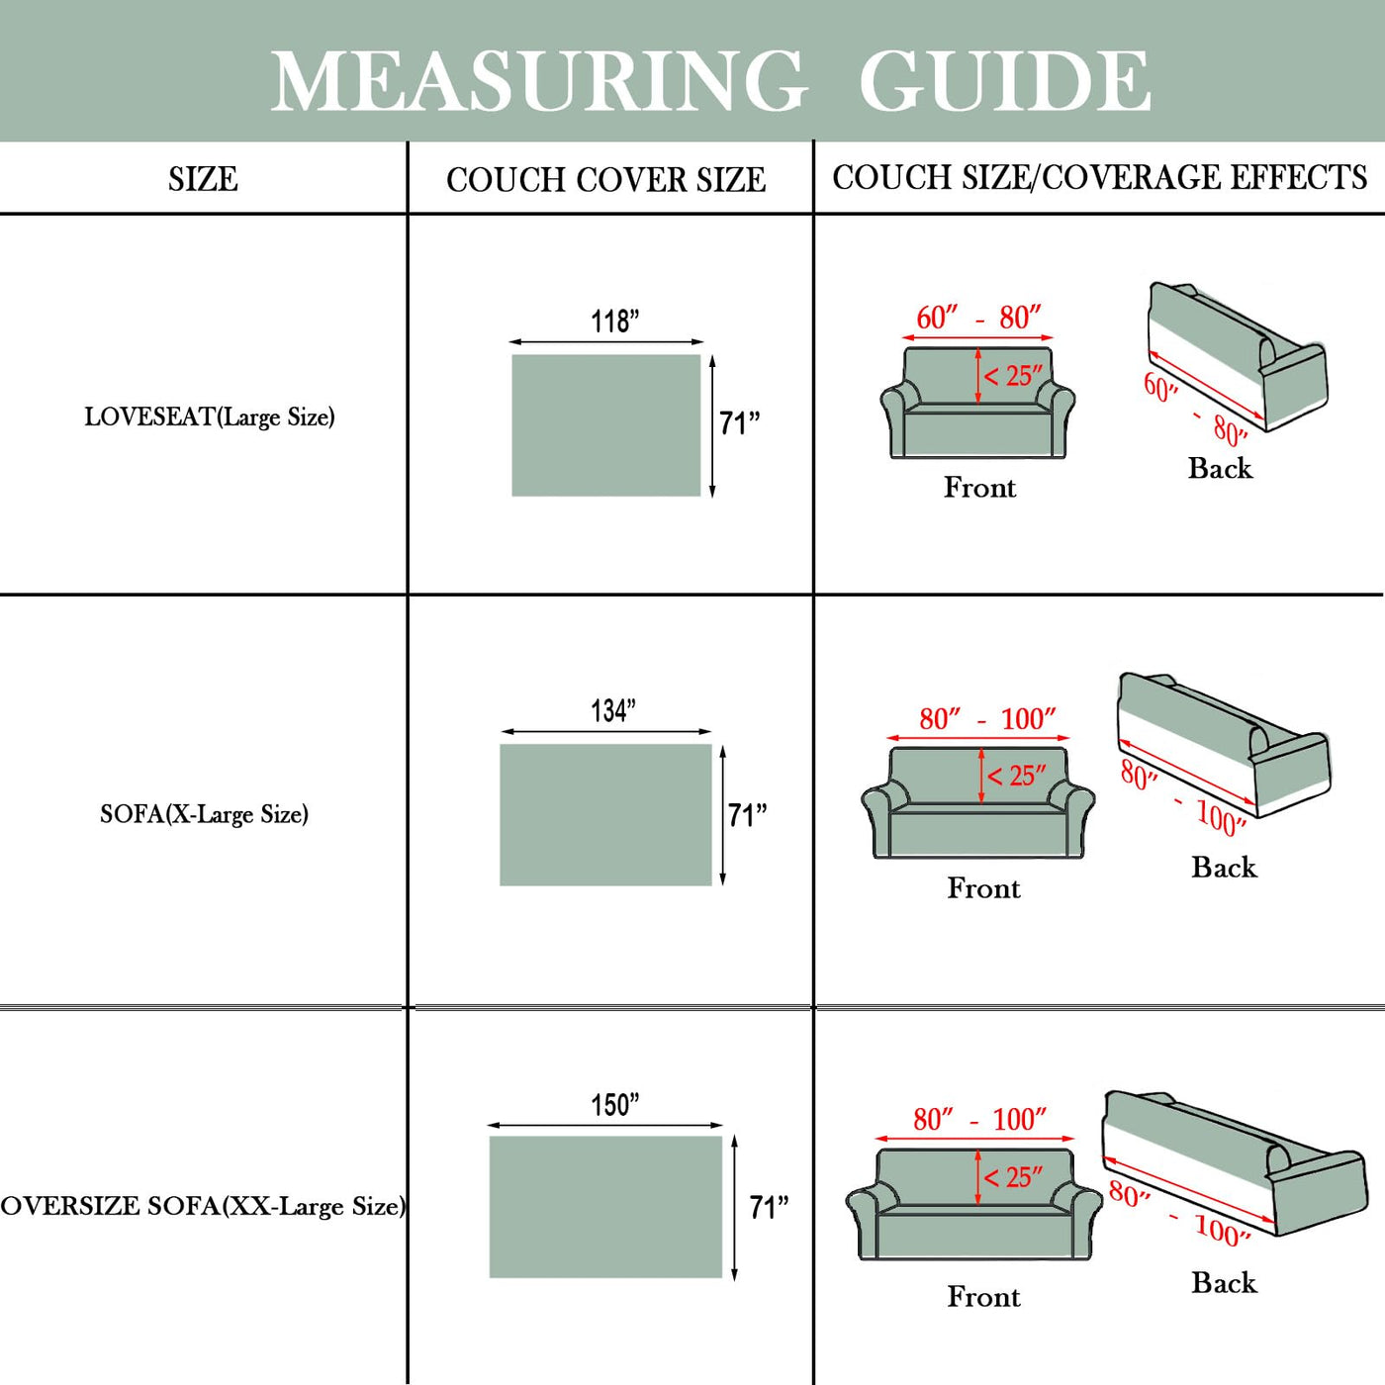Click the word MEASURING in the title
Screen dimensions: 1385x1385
(539, 81)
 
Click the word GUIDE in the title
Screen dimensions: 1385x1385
(1004, 81)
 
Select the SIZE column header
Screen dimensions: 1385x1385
(203, 179)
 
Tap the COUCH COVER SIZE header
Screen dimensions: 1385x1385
(605, 180)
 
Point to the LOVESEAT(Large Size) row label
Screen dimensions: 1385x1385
(210, 416)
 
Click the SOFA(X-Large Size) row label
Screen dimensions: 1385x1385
(204, 814)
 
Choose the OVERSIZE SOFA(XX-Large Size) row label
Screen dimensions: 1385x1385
(203, 1206)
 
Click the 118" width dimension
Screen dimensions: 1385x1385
(614, 322)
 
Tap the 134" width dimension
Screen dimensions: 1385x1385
(613, 710)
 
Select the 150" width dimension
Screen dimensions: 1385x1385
(614, 1104)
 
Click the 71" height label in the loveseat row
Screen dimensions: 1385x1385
(739, 423)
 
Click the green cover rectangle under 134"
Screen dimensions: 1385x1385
(605, 814)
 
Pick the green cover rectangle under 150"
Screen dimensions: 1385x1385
(605, 1207)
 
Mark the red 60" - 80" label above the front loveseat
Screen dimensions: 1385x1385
(977, 318)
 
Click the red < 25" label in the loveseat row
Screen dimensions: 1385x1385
(1013, 376)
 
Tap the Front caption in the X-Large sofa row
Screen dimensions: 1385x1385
(983, 887)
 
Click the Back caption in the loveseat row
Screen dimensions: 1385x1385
(1220, 468)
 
